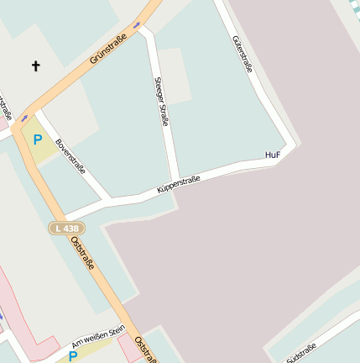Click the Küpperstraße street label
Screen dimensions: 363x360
179,184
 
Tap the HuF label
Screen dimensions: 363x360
271,155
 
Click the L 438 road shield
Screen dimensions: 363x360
66,228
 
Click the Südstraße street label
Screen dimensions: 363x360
301,353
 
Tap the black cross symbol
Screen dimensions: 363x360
35,65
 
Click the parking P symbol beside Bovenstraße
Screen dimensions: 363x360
36,139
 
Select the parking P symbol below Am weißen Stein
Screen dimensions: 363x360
73,356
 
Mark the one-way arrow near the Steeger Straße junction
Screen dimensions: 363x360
136,24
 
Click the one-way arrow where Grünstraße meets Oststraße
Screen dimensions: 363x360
24,118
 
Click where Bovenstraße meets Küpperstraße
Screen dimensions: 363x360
110,201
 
